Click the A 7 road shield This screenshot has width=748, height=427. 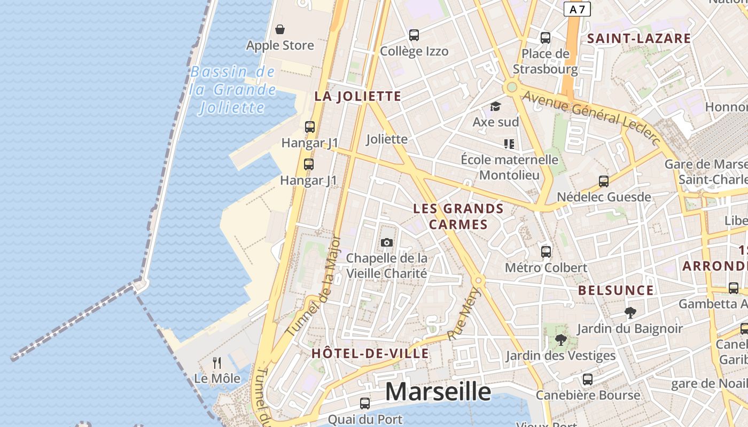click(x=577, y=9)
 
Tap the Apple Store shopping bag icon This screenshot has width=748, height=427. click(x=279, y=29)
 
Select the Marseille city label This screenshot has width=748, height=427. click(x=438, y=391)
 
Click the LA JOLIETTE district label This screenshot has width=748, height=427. click(x=357, y=96)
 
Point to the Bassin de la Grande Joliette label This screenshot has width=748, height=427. click(x=233, y=90)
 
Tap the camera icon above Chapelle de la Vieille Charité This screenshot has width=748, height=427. click(x=387, y=243)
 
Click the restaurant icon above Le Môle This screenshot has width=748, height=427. click(x=217, y=363)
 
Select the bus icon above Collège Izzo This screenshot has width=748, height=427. click(x=414, y=35)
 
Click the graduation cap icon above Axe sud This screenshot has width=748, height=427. click(x=495, y=106)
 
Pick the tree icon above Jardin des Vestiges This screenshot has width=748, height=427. click(x=560, y=339)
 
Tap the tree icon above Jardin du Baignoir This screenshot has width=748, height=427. click(x=630, y=313)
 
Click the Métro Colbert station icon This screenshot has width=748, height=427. click(x=546, y=251)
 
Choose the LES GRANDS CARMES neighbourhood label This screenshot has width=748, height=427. click(x=458, y=216)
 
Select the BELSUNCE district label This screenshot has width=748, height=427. click(x=616, y=290)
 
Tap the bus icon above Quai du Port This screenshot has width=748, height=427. click(x=365, y=403)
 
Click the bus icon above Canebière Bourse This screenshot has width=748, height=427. click(x=588, y=379)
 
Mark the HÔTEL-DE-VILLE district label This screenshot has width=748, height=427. click(x=370, y=353)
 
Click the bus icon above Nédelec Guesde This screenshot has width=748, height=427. click(x=604, y=181)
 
